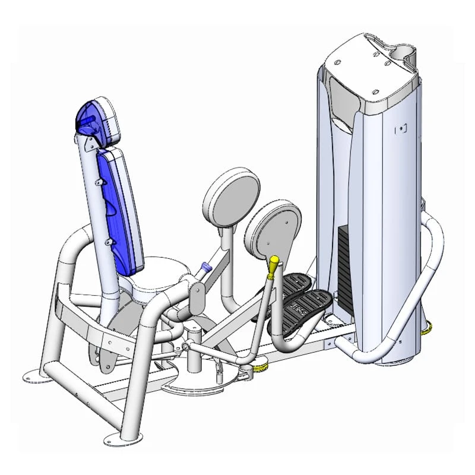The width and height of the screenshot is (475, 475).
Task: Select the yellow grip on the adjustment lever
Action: [x=273, y=267]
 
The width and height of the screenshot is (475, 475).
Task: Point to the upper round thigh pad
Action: [x=232, y=196]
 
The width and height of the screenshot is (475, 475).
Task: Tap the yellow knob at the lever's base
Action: [x=259, y=369]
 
